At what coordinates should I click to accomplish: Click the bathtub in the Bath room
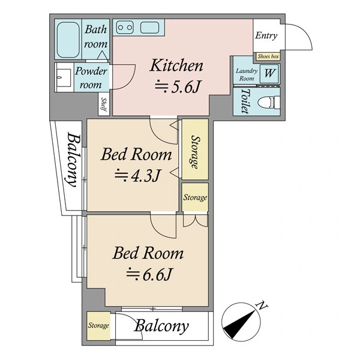coord(68,40)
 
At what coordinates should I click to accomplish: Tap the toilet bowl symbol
coord(269,103)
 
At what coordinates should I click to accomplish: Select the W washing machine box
coord(269,73)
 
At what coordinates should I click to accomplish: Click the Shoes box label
coord(268,56)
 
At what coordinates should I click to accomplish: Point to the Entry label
coord(266,35)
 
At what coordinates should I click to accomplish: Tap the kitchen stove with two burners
coord(125,28)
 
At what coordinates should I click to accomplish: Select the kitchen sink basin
coord(149,28)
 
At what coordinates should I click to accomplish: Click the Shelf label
coord(104,104)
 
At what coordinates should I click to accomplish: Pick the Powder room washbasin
coord(64,77)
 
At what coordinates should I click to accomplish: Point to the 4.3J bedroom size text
coord(137,176)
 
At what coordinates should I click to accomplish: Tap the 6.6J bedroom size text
coord(149,274)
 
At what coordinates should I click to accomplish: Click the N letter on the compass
coord(262,305)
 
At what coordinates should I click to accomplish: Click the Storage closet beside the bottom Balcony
coord(99,326)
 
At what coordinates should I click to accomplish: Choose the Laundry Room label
coord(247,74)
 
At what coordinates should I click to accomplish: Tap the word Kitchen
coord(176,65)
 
